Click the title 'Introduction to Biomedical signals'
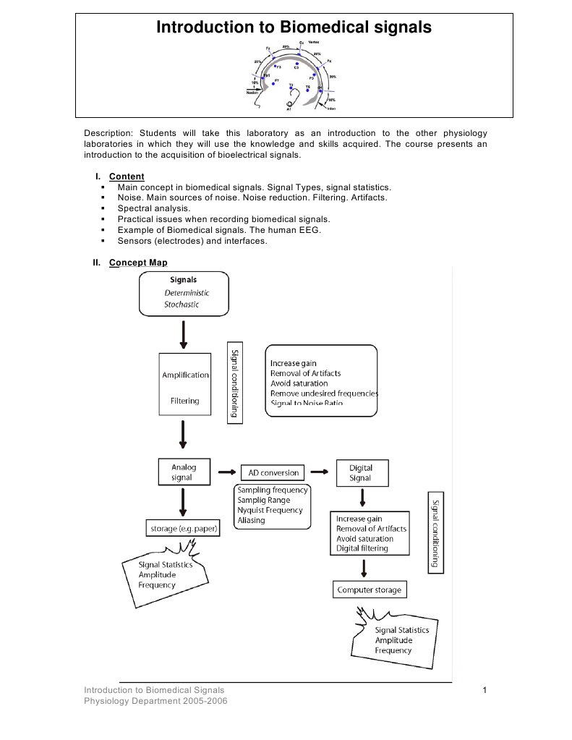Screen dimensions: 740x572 [294, 27]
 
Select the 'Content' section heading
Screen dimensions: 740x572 [127, 177]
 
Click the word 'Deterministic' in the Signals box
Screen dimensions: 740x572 [187, 293]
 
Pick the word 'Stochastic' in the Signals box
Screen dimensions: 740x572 [182, 305]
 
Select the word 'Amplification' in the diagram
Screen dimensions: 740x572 [185, 375]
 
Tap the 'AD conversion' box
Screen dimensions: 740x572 [273, 472]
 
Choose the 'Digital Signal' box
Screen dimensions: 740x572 [360, 472]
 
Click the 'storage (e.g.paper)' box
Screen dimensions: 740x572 [184, 529]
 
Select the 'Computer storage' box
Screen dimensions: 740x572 [369, 590]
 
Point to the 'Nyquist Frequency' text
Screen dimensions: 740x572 [270, 510]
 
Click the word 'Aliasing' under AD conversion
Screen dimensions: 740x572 [251, 520]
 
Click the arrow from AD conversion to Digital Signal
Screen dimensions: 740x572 [319, 472]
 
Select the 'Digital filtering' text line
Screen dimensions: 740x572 [362, 548]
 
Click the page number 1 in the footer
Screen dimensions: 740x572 [484, 691]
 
